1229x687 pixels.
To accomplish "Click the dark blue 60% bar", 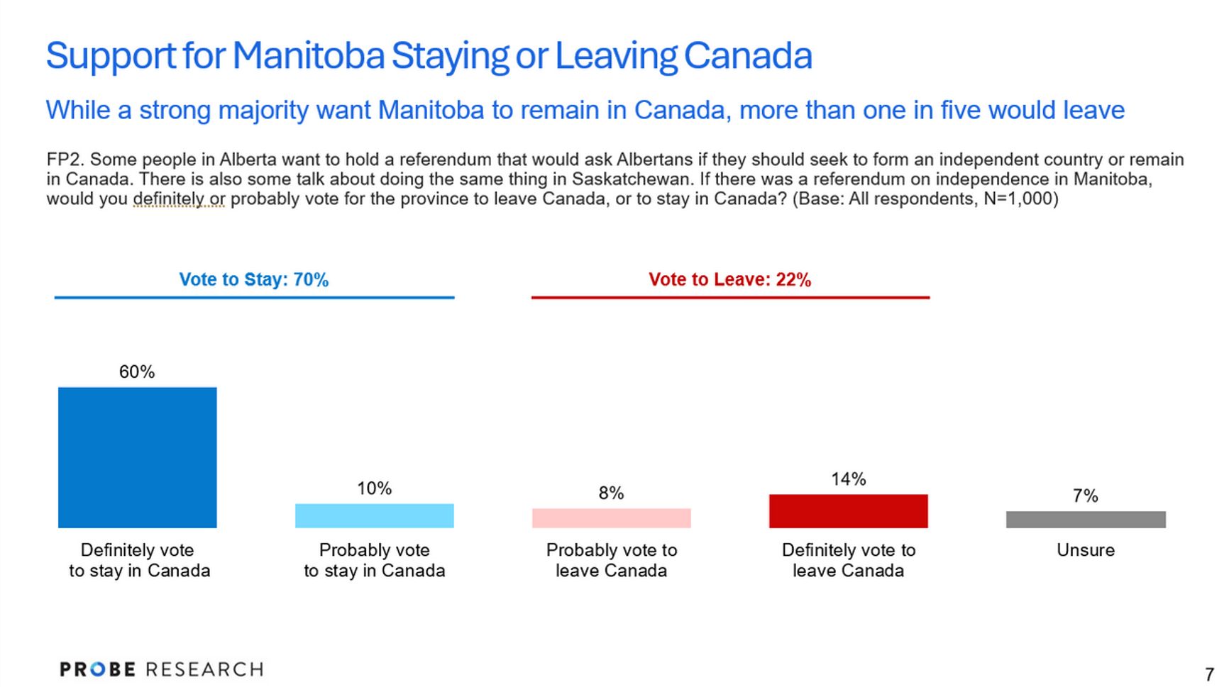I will [137, 457].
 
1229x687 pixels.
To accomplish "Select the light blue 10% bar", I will [374, 515].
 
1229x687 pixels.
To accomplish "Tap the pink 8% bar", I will [611, 518].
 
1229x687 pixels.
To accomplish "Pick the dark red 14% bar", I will [848, 510].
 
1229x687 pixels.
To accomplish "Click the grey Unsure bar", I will [1085, 519].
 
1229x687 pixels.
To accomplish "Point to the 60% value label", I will [137, 372].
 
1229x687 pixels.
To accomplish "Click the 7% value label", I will [1085, 496].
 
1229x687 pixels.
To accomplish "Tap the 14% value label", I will [848, 479].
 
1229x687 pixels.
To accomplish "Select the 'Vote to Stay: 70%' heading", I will [253, 279].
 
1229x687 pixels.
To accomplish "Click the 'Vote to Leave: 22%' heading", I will [729, 279].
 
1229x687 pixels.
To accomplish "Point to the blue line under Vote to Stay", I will [254, 298].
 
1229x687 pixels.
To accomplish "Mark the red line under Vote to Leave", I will [730, 298].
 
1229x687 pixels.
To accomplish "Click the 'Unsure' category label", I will [1085, 550].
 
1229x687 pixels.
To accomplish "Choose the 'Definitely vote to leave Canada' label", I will [848, 560].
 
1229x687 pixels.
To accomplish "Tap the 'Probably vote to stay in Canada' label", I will [374, 560].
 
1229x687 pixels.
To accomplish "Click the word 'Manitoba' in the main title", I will [308, 55].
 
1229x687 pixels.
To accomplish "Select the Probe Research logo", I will [162, 669].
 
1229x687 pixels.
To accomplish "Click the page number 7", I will [1209, 674].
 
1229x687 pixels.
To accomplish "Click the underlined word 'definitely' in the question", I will [168, 199].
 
